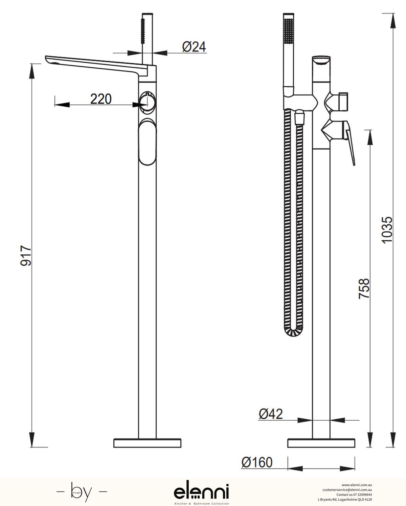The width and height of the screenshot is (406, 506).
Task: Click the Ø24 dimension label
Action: [x=194, y=47]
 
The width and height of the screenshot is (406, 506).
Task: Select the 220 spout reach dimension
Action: [x=101, y=99]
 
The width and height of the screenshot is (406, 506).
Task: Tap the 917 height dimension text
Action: [x=26, y=256]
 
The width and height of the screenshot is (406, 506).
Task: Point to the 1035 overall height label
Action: [x=387, y=230]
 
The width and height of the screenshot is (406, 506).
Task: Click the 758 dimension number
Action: [x=364, y=288]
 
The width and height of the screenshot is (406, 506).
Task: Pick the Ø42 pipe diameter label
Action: [x=271, y=414]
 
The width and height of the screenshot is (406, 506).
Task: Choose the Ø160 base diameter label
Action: [x=257, y=462]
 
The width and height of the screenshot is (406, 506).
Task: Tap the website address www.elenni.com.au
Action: [x=357, y=485]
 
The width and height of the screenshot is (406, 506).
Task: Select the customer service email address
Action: [x=347, y=490]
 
